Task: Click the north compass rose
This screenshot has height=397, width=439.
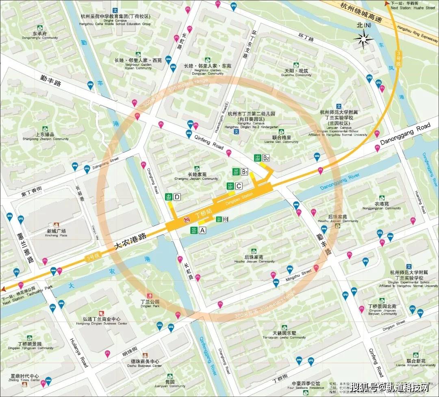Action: [363, 39]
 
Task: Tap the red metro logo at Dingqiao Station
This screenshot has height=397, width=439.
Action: [187, 220]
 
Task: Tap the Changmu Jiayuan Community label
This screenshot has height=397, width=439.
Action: [197, 176]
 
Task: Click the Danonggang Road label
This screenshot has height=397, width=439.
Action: [405, 134]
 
